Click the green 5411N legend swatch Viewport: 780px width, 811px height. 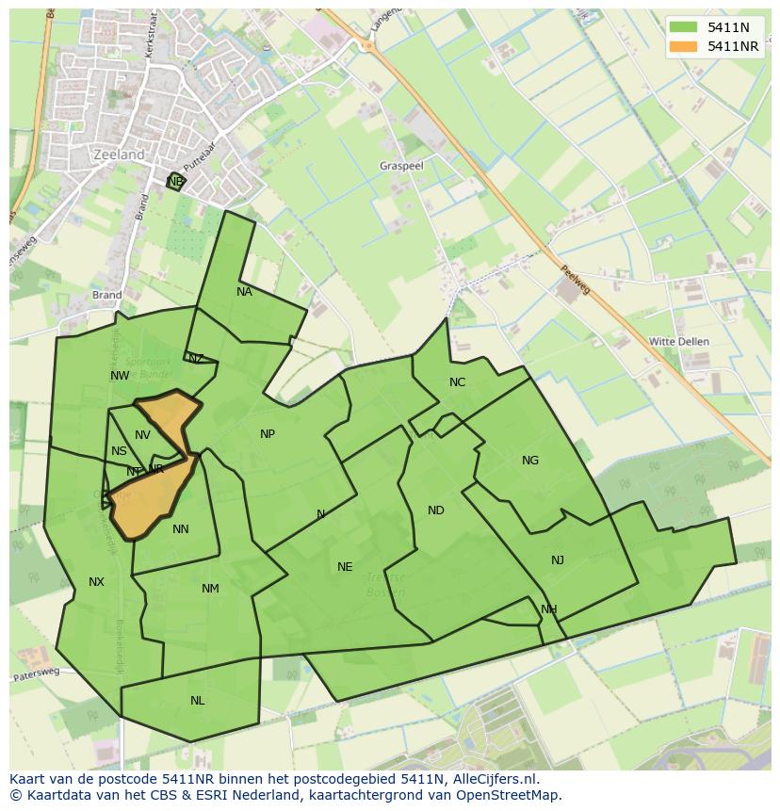point(684,28)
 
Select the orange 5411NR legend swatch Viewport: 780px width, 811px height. point(684,46)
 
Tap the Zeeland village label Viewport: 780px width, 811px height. point(120,154)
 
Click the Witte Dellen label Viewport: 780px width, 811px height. point(679,341)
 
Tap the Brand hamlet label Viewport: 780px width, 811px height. point(106,295)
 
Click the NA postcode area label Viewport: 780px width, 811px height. point(244,292)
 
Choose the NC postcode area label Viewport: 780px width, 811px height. point(457,382)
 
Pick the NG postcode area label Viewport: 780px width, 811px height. point(530,461)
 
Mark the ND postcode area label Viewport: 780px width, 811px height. point(435,511)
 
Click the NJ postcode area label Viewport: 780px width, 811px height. point(558,560)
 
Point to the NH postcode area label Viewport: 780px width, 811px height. point(548,609)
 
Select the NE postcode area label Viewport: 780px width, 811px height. point(345,567)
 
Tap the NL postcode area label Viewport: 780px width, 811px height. point(197,701)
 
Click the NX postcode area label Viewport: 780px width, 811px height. point(96,582)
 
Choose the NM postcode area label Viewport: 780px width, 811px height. point(210,589)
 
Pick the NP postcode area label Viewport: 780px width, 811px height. point(268,434)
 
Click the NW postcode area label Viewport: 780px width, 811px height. point(120,376)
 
